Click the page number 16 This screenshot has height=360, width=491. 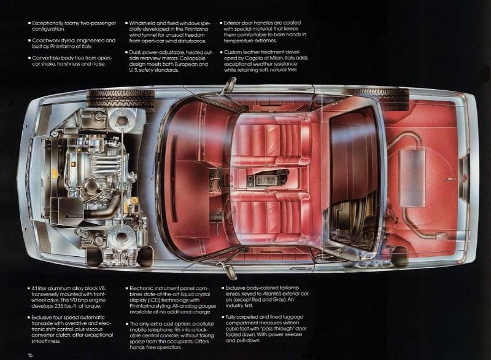tap(30, 355)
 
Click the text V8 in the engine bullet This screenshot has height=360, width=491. tap(102, 288)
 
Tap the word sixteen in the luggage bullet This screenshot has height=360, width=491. tap(292, 323)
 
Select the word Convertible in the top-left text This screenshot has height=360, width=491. tap(44, 58)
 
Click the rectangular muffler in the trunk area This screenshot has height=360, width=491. tap(412, 178)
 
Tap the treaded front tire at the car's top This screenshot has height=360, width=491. tap(120, 99)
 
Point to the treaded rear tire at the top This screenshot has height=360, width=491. tap(375, 95)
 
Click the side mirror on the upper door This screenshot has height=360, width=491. tap(230, 85)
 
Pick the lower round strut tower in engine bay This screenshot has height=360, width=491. tap(121, 237)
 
